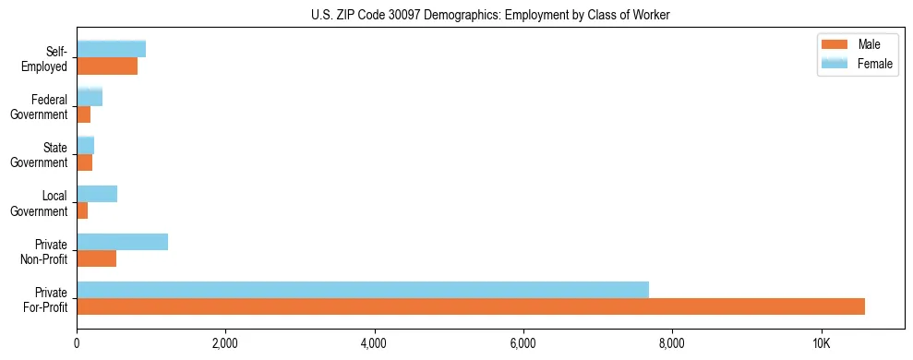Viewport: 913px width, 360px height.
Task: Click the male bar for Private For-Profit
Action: (471, 306)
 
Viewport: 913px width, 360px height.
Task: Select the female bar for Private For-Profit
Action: (363, 290)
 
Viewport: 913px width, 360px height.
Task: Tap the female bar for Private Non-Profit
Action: (122, 242)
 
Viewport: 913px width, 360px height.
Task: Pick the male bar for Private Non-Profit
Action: (96, 258)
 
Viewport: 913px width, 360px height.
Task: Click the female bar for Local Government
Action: (97, 194)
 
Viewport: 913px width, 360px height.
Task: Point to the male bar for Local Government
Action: (82, 210)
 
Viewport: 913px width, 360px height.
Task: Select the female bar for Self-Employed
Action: (111, 49)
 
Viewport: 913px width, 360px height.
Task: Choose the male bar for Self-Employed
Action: (107, 66)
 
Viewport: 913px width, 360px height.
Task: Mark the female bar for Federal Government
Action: (90, 97)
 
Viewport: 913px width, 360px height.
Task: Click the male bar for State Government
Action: (84, 162)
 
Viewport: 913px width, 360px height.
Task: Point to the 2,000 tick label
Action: (225, 344)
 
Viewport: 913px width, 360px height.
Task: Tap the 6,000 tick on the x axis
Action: (523, 344)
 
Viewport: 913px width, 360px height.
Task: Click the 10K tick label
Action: (822, 344)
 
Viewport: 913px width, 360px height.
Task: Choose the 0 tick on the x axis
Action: (77, 344)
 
